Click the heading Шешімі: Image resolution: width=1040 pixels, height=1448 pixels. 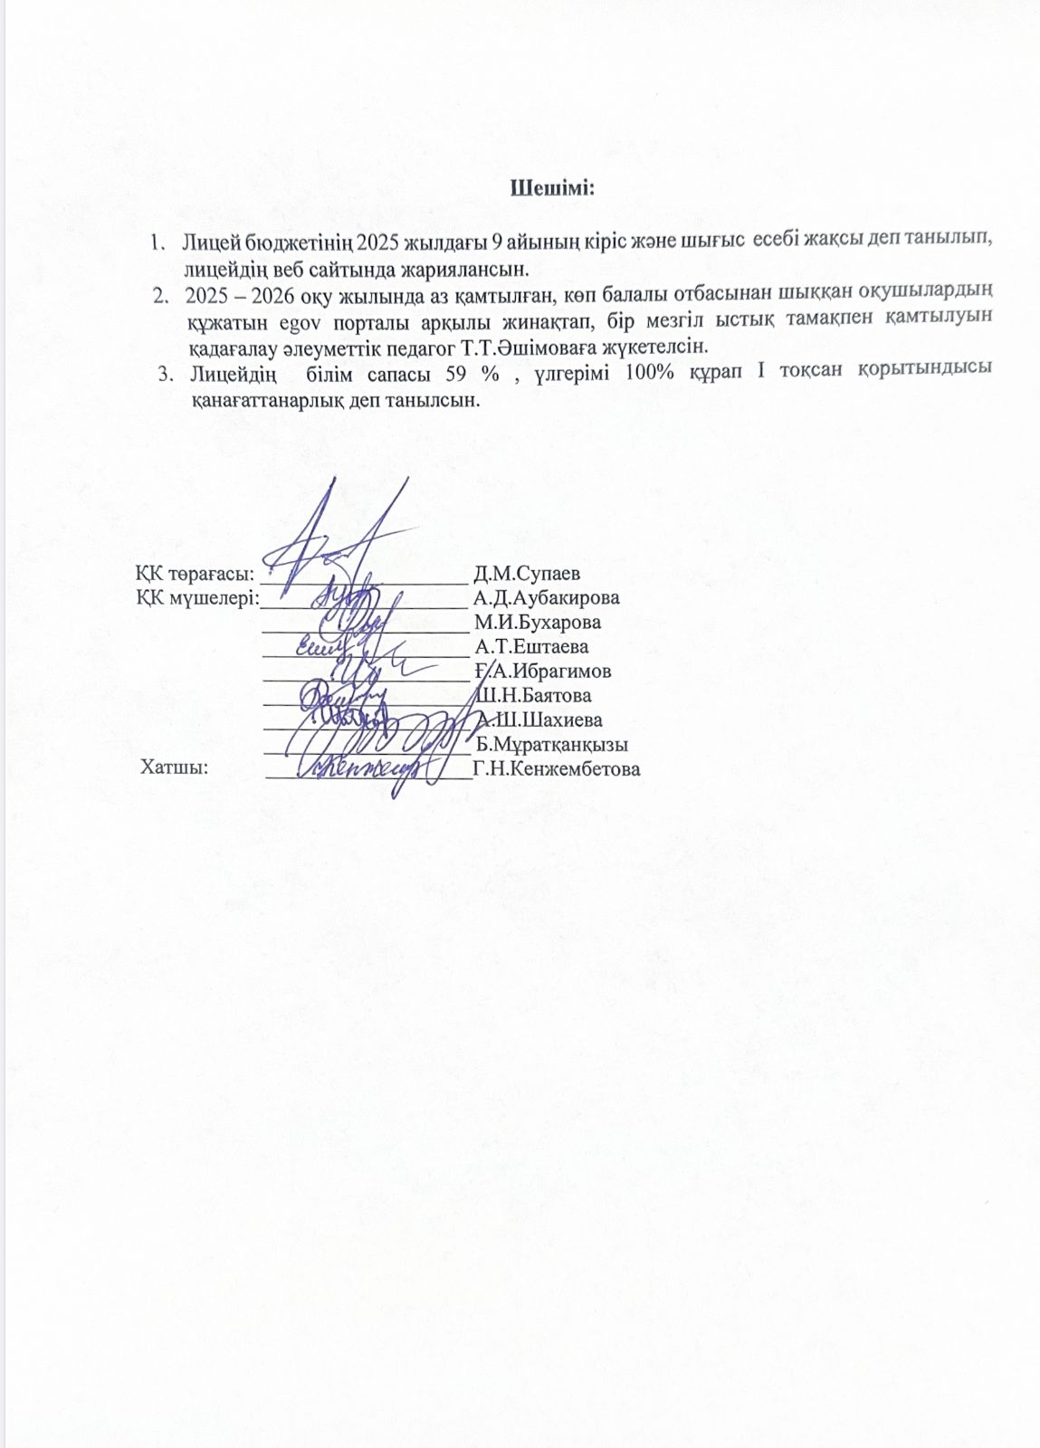[552, 189]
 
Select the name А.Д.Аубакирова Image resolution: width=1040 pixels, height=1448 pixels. [547, 598]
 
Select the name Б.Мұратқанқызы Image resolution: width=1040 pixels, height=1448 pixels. [552, 745]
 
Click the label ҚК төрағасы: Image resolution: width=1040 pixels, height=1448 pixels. [193, 574]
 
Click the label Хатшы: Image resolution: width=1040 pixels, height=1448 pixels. [175, 769]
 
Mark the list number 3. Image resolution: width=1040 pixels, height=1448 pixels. [165, 372]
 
